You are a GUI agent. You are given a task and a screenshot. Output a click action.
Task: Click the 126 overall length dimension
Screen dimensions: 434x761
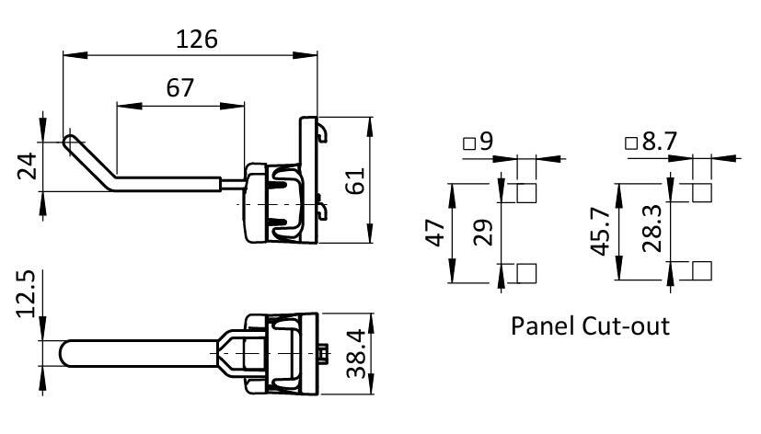pyautogui.click(x=196, y=40)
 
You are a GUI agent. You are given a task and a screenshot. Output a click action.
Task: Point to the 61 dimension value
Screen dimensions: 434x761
pyautogui.click(x=354, y=178)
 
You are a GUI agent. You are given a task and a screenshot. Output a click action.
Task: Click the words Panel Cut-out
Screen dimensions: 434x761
pyautogui.click(x=590, y=325)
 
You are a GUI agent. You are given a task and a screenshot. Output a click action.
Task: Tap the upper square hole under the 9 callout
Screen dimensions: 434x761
pyautogui.click(x=526, y=193)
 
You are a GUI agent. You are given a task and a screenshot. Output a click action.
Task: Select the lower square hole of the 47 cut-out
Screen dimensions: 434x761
pyautogui.click(x=526, y=272)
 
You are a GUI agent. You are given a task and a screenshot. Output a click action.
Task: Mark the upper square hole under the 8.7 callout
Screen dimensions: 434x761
pyautogui.click(x=700, y=193)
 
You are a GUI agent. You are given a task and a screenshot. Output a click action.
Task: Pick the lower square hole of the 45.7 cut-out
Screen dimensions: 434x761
pyautogui.click(x=700, y=270)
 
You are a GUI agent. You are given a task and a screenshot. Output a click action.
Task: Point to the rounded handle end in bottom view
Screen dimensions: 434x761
pyautogui.click(x=67, y=353)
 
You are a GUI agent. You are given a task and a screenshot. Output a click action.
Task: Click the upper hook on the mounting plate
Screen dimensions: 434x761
pyautogui.click(x=322, y=132)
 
